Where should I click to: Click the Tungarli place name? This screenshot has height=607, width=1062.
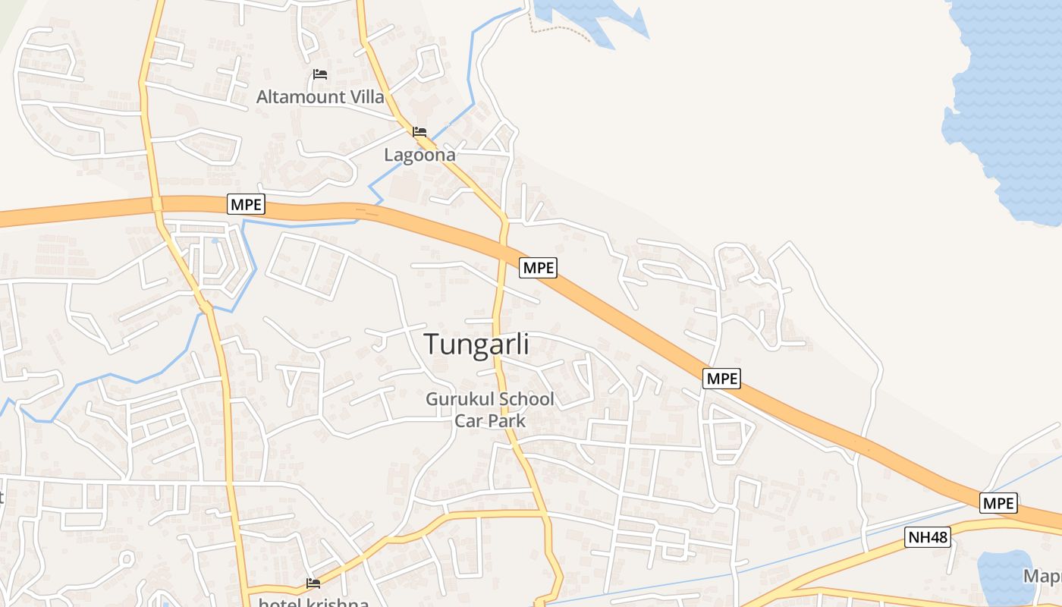coord(476,344)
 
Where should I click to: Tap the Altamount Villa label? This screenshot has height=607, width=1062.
coord(320,97)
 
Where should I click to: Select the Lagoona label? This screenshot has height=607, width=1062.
coord(419,155)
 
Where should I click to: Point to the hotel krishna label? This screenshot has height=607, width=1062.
coord(313,602)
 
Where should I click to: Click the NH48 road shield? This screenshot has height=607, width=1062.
coord(928,538)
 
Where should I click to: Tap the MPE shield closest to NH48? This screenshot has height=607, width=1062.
coord(998,503)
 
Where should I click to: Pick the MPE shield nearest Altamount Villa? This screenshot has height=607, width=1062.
coord(247,204)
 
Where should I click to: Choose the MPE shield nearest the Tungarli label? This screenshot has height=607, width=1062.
coord(539,267)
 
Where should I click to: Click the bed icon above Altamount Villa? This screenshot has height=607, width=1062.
coord(320,74)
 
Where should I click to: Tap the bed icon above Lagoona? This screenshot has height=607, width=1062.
coord(419,132)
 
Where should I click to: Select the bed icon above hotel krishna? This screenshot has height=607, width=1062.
coord(313,583)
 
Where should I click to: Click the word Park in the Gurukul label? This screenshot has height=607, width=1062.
coord(508,420)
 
